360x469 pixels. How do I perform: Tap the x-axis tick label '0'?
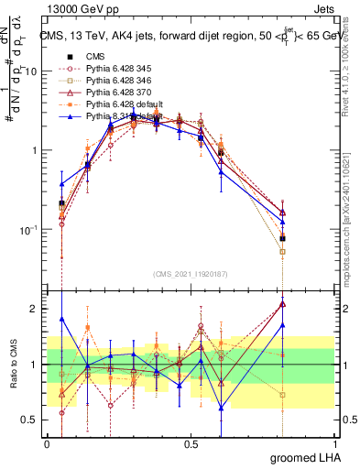coord(48,443)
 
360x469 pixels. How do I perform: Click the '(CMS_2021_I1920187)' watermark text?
coord(191,276)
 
